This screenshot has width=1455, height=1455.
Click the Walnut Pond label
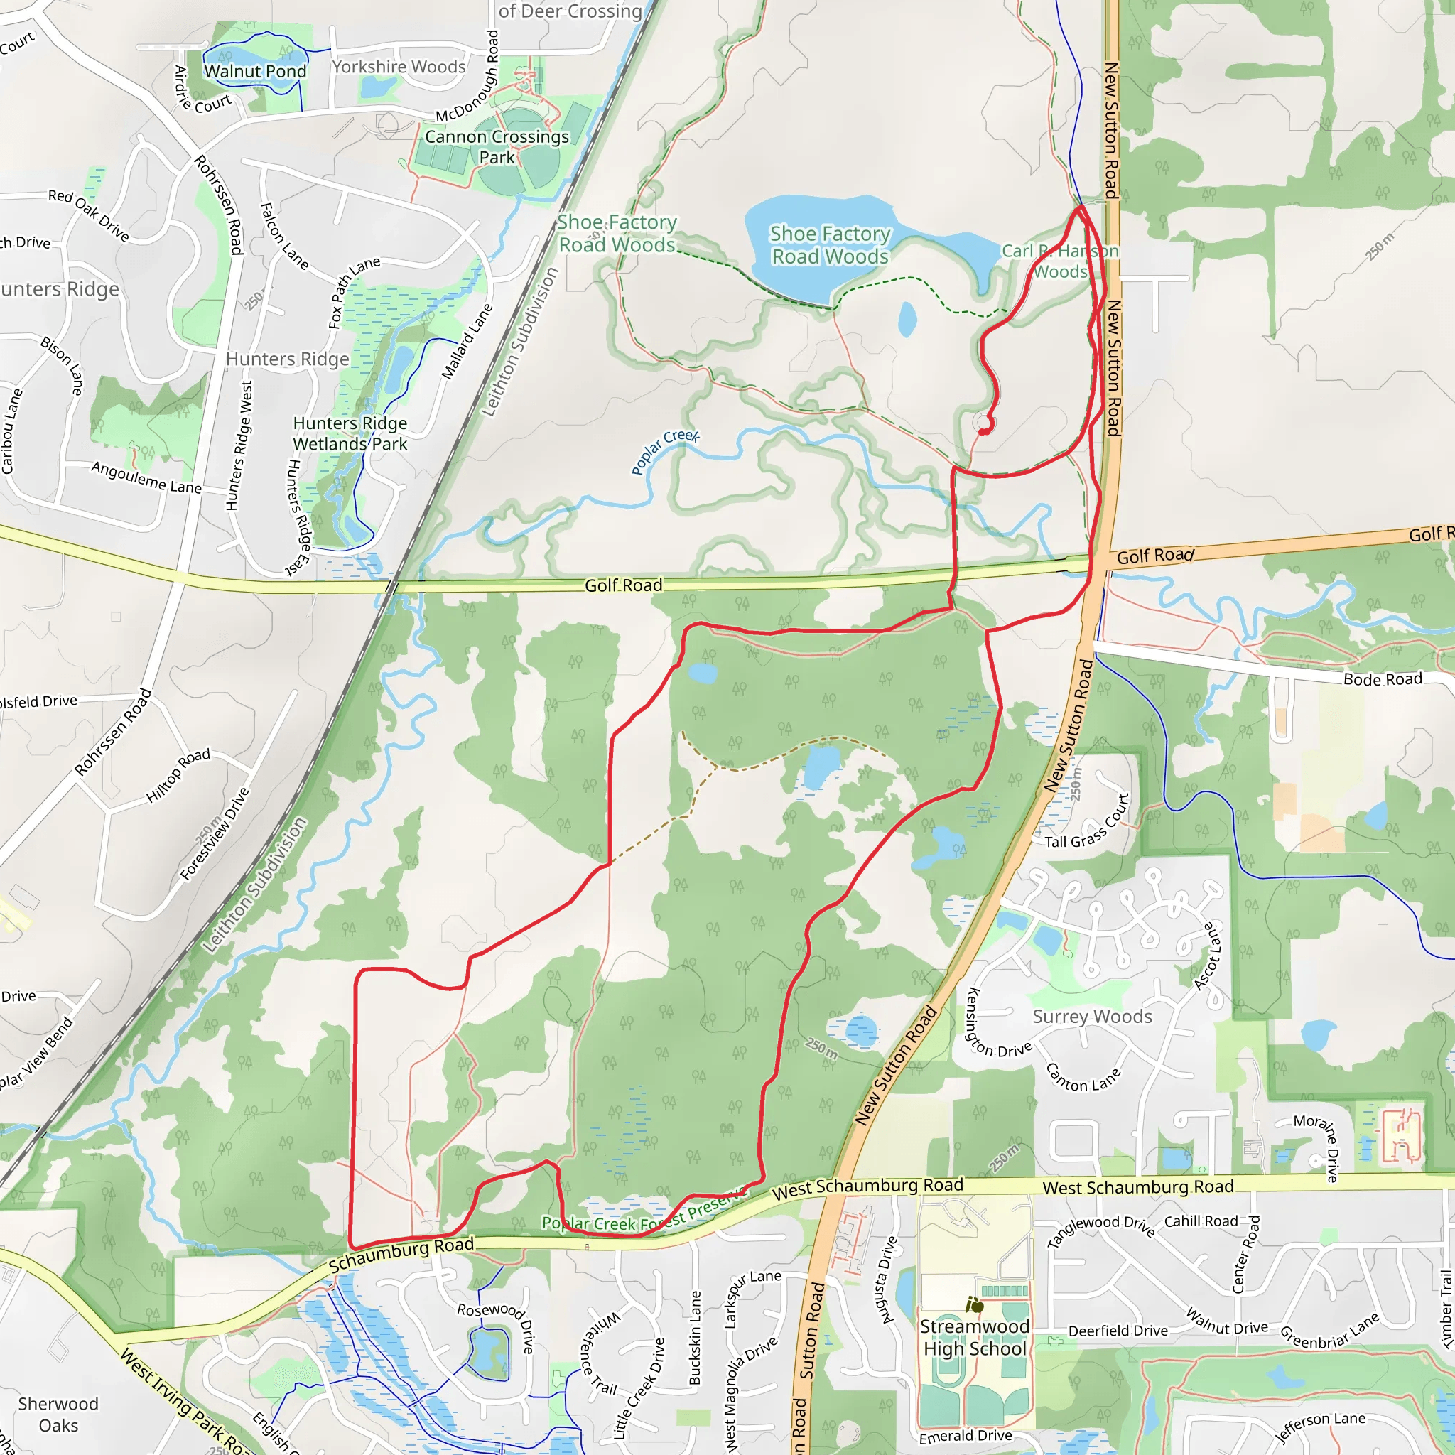[255, 72]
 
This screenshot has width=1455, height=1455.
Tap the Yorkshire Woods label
[399, 67]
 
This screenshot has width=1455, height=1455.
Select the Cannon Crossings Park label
[497, 147]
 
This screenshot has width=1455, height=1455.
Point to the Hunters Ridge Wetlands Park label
[350, 434]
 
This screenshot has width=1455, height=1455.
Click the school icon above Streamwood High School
[975, 1304]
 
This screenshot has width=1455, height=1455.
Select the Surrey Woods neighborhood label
[1092, 1017]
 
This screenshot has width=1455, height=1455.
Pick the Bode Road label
[1383, 679]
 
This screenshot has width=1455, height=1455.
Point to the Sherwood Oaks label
[59, 1415]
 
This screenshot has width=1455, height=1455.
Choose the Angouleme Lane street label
[147, 477]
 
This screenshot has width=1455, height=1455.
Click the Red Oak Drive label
[89, 215]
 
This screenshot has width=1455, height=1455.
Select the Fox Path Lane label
[353, 292]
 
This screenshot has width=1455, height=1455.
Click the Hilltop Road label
[178, 776]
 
